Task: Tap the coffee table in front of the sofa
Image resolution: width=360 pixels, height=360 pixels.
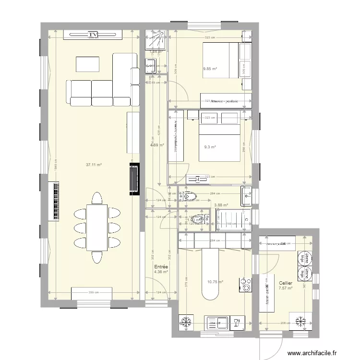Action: pyautogui.click(x=87, y=64)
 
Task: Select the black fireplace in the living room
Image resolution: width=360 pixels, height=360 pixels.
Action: pyautogui.click(x=133, y=179)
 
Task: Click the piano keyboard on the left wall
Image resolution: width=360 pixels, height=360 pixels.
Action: pyautogui.click(x=54, y=201)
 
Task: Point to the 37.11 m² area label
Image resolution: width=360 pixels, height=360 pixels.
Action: pyautogui.click(x=94, y=165)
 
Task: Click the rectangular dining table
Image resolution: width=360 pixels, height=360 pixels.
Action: pyautogui.click(x=97, y=227)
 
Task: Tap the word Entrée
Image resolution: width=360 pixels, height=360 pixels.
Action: pyautogui.click(x=160, y=267)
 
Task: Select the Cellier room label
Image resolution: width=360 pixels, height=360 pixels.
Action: pyautogui.click(x=286, y=283)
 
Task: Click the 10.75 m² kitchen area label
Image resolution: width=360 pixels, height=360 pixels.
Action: pyautogui.click(x=215, y=282)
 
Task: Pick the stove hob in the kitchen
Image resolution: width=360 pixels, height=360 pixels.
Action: pyautogui.click(x=246, y=285)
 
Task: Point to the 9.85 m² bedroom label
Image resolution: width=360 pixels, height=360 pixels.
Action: pyautogui.click(x=210, y=69)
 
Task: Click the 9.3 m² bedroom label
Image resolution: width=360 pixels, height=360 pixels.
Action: pyautogui.click(x=210, y=147)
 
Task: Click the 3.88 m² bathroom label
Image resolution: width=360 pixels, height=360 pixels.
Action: pyautogui.click(x=220, y=205)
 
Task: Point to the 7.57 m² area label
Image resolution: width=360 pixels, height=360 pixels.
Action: pyautogui.click(x=285, y=288)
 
